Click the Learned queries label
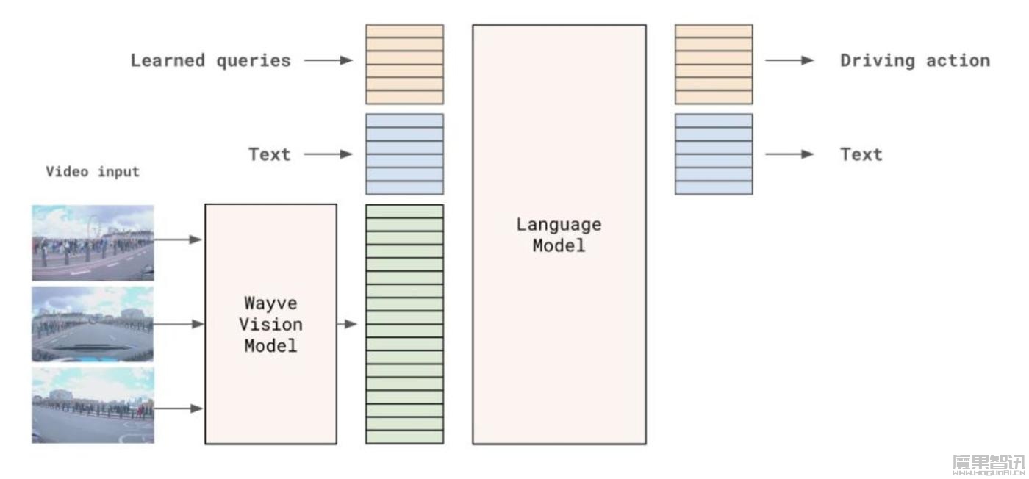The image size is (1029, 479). click(x=210, y=60)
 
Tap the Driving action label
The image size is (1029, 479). click(x=915, y=60)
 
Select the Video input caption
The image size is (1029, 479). click(x=93, y=172)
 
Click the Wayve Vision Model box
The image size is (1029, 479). click(x=270, y=324)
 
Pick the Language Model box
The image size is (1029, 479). click(x=559, y=234)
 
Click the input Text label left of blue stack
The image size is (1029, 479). click(x=269, y=154)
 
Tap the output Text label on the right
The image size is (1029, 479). click(x=861, y=154)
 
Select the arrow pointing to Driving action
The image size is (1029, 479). click(x=789, y=60)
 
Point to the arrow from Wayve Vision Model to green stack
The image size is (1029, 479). click(x=347, y=324)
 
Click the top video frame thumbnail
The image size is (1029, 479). click(x=93, y=242)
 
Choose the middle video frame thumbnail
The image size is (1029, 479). click(x=93, y=324)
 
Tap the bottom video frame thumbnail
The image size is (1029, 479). click(x=93, y=406)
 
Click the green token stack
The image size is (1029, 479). click(x=405, y=324)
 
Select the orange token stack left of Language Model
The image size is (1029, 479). click(x=405, y=64)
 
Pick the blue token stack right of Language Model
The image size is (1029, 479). click(x=714, y=154)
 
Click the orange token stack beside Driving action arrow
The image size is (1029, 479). click(x=714, y=64)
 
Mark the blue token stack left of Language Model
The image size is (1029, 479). click(x=405, y=154)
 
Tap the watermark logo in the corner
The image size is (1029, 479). click(x=988, y=464)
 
